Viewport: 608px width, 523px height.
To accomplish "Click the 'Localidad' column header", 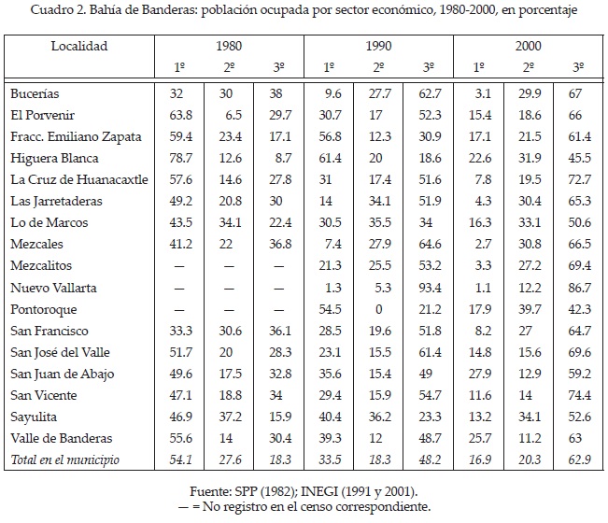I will point(79,45).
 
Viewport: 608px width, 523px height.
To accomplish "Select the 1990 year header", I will point(377,45).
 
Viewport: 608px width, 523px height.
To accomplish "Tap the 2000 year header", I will point(528,45).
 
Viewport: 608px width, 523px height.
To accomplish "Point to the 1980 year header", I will point(229,45).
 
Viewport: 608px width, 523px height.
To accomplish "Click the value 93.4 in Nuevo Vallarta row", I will point(429,287).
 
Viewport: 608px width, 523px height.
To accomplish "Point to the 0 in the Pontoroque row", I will point(378,308).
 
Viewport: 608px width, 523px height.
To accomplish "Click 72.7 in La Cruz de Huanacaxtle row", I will point(579,179).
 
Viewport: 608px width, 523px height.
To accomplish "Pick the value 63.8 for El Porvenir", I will point(179,115).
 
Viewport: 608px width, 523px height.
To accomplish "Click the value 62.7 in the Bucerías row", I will point(429,93).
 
